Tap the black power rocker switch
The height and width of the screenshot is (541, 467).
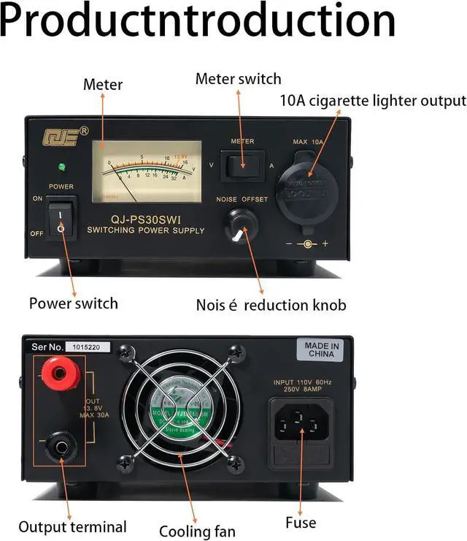tap(61, 219)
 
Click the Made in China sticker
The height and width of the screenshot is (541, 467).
tap(321, 349)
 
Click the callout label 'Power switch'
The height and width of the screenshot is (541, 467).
tap(73, 303)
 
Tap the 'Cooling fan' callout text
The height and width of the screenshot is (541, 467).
tap(197, 531)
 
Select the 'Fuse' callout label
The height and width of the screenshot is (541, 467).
tap(301, 522)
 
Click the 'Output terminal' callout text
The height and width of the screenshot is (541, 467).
tap(72, 526)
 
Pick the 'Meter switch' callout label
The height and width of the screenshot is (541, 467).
tap(238, 79)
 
